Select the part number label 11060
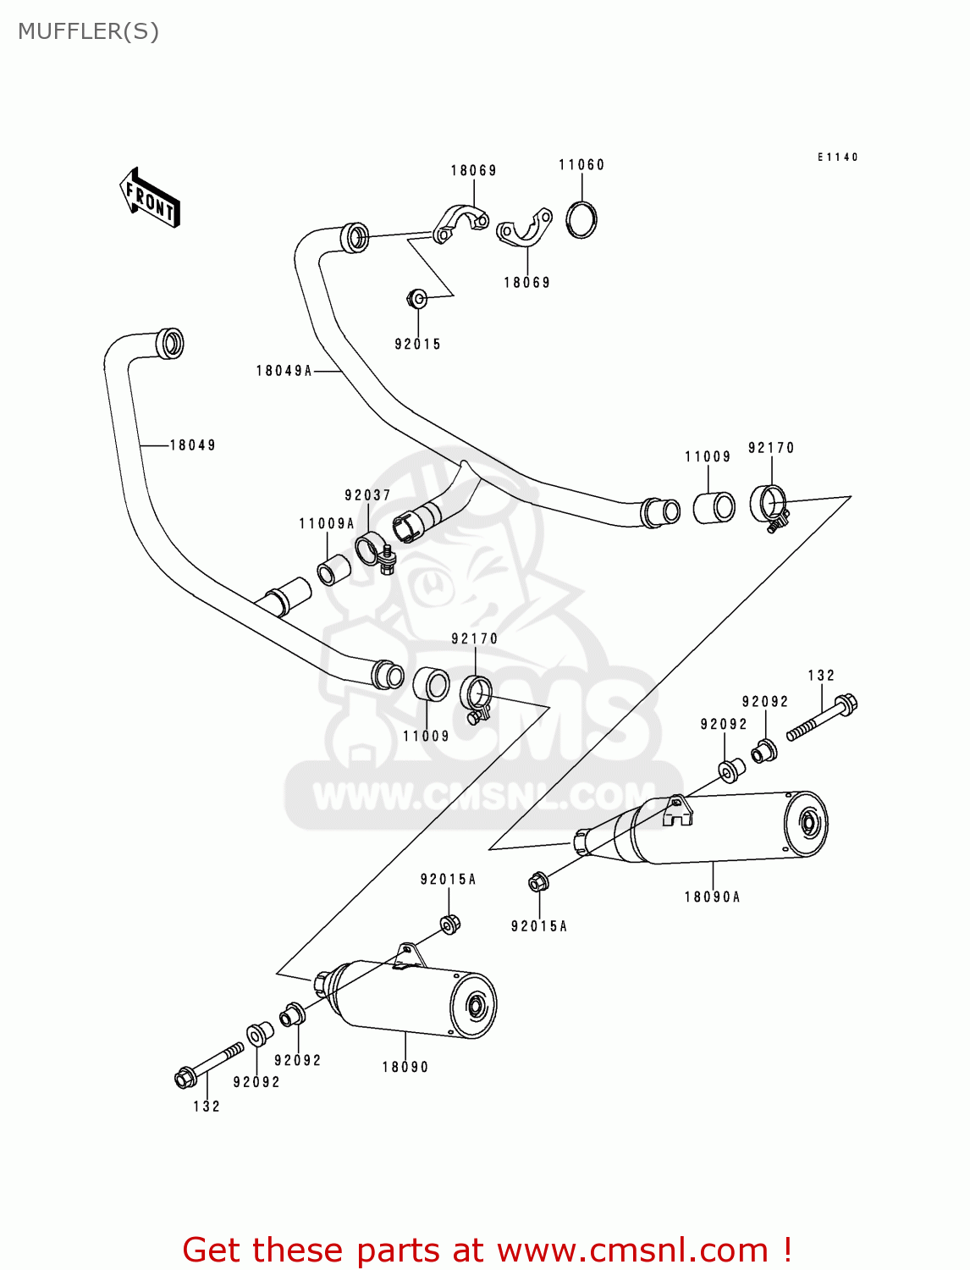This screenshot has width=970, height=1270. [x=581, y=165]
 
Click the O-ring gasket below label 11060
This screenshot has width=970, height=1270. [x=581, y=220]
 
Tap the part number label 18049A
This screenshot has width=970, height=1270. [x=284, y=371]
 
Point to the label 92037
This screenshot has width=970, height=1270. [x=367, y=495]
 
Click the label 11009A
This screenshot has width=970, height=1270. [x=327, y=524]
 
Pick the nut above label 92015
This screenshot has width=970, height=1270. [x=416, y=298]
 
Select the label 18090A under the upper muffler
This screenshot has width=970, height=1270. [x=712, y=897]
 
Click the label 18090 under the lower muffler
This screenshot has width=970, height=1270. [x=405, y=1068]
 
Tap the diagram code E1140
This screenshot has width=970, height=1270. [x=837, y=157]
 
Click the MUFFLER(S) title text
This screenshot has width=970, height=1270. [x=88, y=31]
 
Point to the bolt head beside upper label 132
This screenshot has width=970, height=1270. [x=845, y=704]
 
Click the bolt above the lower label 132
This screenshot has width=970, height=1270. [x=208, y=1063]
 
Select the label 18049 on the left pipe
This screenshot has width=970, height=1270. [x=193, y=445]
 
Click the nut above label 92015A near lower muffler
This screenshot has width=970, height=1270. [x=449, y=923]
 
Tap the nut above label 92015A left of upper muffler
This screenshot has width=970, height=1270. [x=537, y=883]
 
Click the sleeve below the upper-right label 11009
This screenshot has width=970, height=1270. [x=714, y=507]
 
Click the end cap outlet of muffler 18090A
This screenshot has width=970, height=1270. [x=807, y=822]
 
